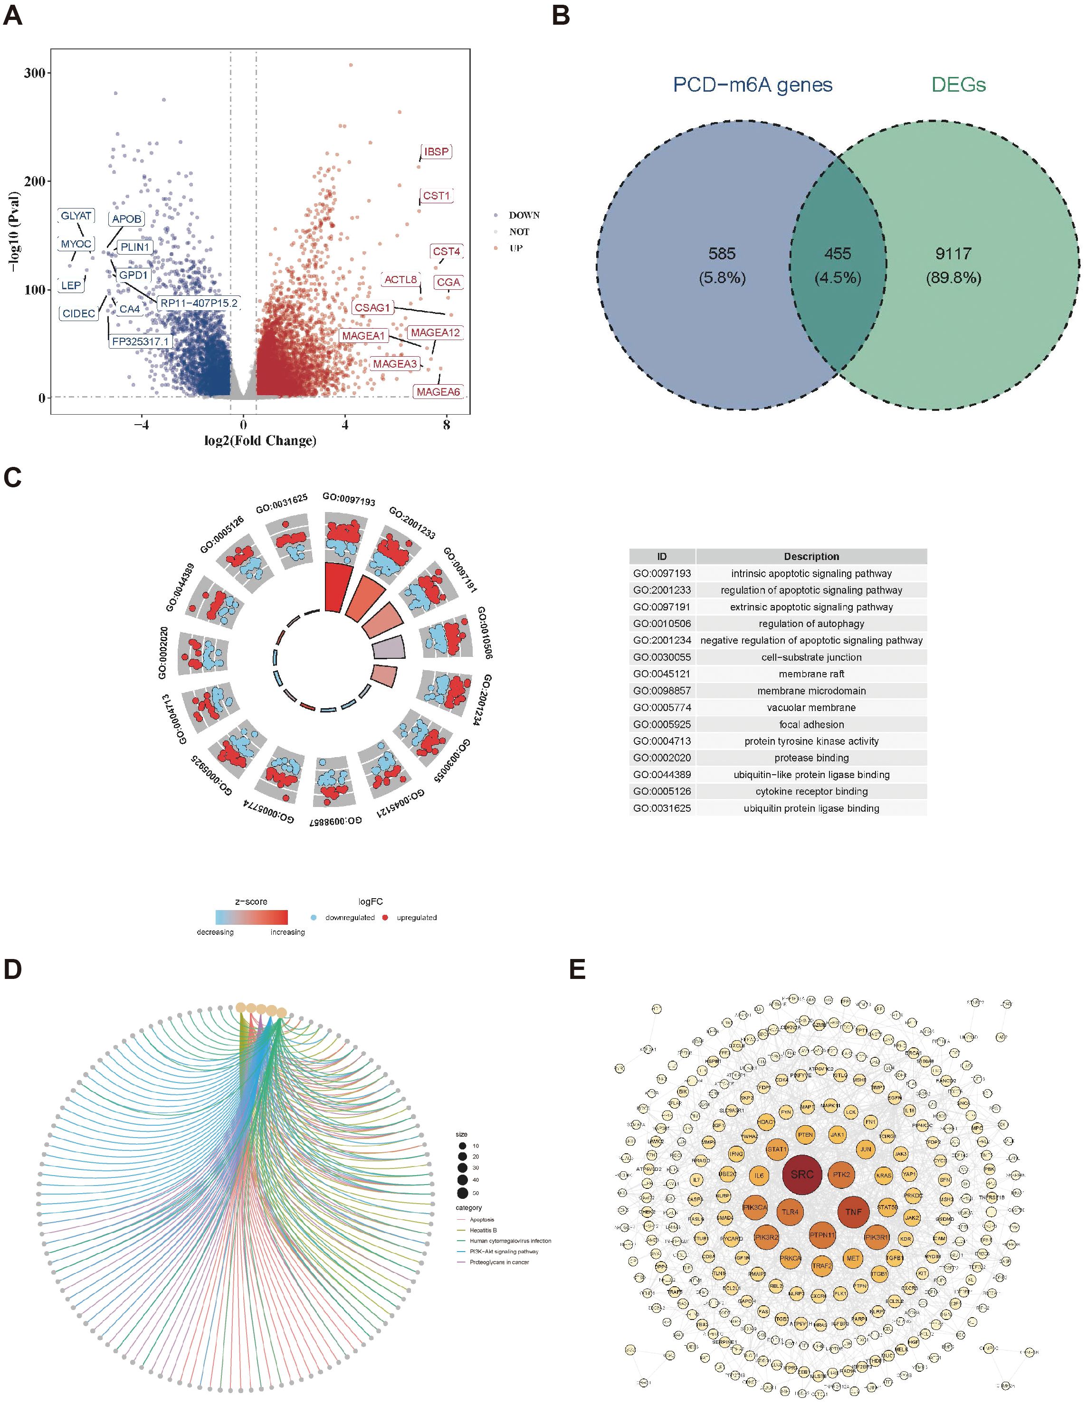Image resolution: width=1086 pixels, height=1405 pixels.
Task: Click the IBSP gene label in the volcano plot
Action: (x=436, y=152)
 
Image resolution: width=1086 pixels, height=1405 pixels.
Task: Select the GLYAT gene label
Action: (x=76, y=216)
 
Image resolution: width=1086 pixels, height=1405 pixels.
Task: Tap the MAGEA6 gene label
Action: (x=438, y=392)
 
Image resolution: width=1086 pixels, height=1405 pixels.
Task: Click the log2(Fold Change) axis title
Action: (x=260, y=441)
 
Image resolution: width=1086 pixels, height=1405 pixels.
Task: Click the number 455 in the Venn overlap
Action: (x=837, y=254)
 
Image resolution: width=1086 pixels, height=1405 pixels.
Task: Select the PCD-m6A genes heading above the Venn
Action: (x=753, y=84)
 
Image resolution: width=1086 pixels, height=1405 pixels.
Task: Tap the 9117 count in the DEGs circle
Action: (x=953, y=254)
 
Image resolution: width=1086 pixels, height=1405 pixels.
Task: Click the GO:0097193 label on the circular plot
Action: (x=349, y=499)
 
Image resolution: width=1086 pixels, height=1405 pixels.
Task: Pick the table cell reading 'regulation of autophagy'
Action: (x=811, y=623)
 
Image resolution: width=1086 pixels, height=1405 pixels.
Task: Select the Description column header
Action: (x=811, y=557)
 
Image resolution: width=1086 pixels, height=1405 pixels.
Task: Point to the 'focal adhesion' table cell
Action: (x=811, y=724)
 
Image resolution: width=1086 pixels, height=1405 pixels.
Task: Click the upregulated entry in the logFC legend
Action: (x=416, y=917)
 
